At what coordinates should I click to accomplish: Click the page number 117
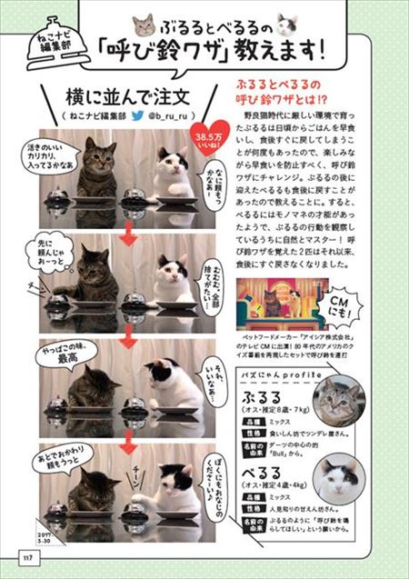(29, 557)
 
